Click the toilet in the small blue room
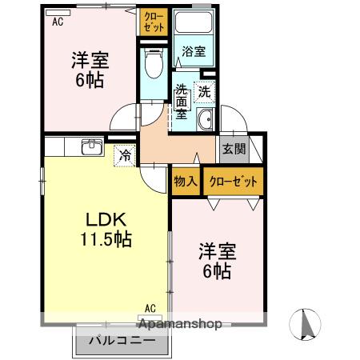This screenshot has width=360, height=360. [154, 63]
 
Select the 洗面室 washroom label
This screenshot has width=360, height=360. [182, 102]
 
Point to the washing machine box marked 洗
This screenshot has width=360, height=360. [205, 92]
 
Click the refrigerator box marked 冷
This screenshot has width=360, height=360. [126, 155]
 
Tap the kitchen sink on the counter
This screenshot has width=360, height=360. [92, 146]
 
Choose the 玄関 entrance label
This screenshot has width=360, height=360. [234, 149]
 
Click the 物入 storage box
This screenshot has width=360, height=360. [186, 182]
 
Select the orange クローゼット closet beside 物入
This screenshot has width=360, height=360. [234, 182]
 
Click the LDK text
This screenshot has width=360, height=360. [102, 219]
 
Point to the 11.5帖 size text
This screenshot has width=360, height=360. [104, 239]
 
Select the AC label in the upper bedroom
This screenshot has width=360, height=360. [58, 22]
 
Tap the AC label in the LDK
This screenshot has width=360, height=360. [150, 307]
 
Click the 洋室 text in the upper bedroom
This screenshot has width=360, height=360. [90, 59]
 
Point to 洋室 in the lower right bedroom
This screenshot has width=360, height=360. [217, 251]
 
